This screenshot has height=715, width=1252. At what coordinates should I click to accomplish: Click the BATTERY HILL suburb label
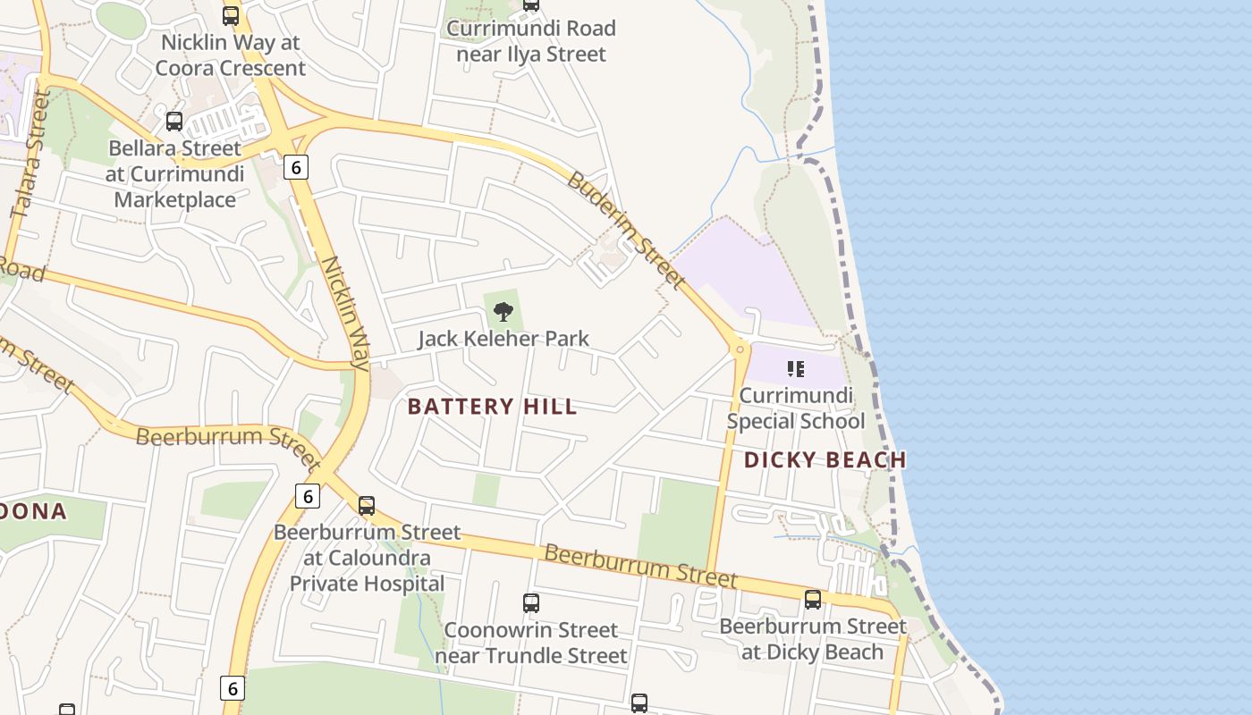492,407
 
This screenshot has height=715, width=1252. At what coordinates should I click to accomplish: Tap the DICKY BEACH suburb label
825,459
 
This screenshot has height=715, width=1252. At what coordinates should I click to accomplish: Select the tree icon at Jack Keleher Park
503,312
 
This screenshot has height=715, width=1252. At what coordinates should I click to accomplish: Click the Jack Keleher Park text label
503,339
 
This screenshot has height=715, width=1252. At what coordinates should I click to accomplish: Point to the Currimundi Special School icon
796,368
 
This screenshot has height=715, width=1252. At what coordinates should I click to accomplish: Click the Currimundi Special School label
795,408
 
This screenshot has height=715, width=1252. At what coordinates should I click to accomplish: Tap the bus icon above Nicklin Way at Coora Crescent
231,15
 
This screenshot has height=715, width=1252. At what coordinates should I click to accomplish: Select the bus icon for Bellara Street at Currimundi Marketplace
174,121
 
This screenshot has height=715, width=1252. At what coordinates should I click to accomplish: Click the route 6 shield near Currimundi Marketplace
297,166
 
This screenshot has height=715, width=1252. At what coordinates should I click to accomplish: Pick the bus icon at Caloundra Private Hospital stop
367,505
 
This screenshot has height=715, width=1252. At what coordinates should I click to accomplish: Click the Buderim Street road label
626,231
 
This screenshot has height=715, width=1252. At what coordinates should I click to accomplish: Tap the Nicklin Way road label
346,313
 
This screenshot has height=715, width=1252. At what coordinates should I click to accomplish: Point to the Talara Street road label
30,154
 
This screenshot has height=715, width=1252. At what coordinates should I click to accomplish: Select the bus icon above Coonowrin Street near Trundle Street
531,603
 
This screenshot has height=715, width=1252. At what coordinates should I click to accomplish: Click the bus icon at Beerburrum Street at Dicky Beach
812,600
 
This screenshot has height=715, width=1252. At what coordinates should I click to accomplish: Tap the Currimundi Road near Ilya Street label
531,41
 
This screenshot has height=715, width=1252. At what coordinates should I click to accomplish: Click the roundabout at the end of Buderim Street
740,349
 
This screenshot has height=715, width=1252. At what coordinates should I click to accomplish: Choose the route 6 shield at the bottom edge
233,687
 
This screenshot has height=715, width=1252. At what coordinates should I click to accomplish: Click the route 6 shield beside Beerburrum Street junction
307,495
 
